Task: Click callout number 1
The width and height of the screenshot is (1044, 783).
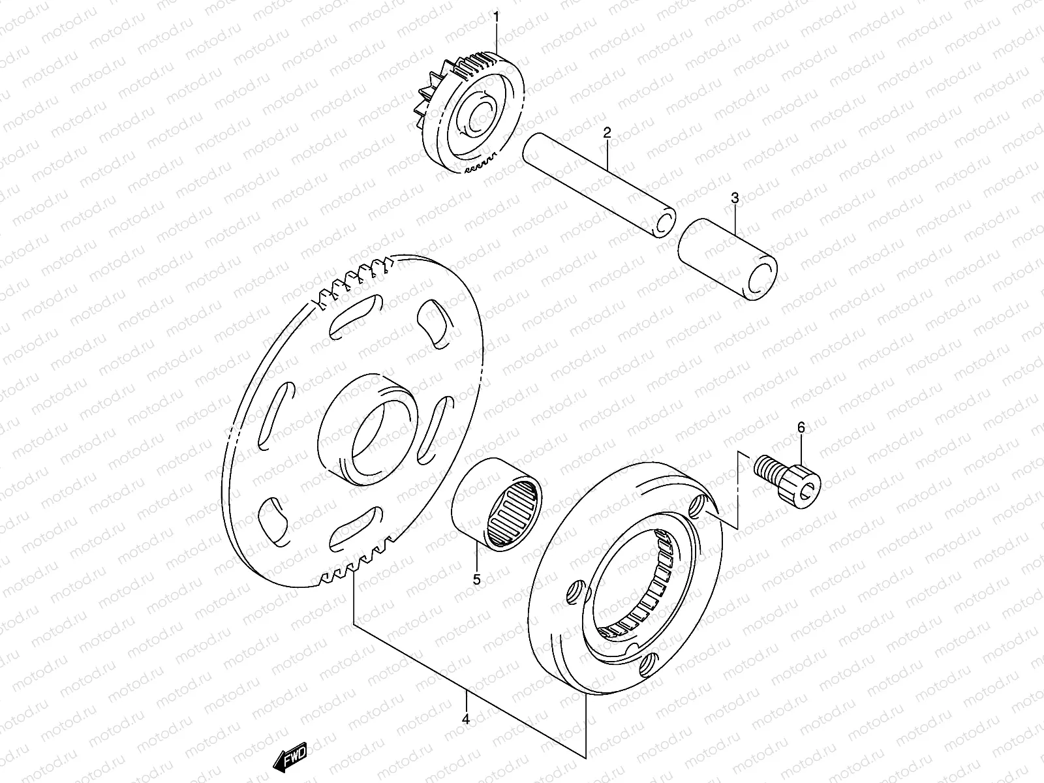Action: [496, 16]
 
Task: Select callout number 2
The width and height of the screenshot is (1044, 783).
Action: [607, 133]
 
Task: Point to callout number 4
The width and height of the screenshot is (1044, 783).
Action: [465, 719]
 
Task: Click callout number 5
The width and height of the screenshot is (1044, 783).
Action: [476, 579]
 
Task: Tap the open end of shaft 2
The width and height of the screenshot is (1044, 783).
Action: [664, 224]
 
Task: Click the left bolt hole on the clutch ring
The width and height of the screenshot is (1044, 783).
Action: [574, 593]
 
